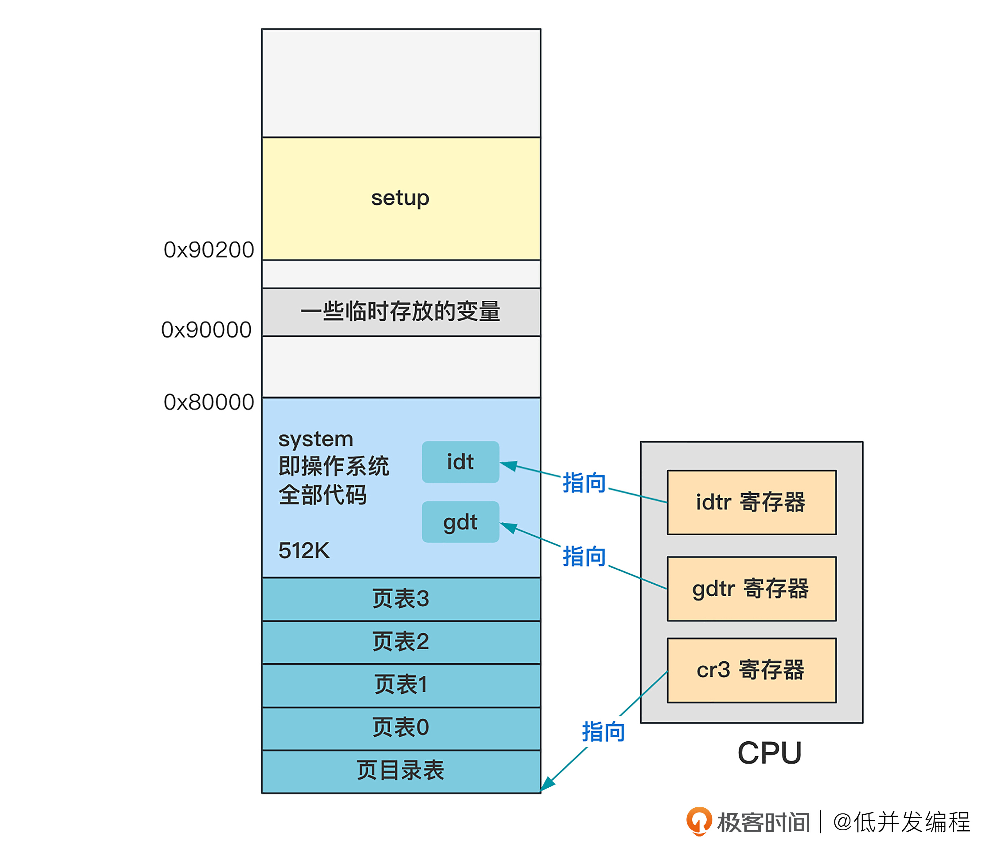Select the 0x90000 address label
[206, 330]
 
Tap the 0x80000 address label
[209, 402]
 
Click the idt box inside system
[460, 462]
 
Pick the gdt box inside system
[460, 522]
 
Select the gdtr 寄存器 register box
[751, 589]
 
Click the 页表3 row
[401, 599]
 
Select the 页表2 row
[401, 642]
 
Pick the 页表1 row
[401, 685]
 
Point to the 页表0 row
[401, 727]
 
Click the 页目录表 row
[401, 770]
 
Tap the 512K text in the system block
[304, 550]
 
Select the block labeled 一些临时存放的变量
[401, 311]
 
